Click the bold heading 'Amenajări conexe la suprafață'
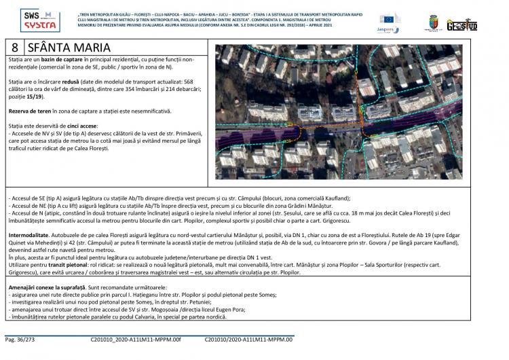tap(48, 288)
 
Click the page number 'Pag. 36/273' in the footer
tap(21, 338)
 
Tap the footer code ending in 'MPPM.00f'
tap(135, 338)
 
